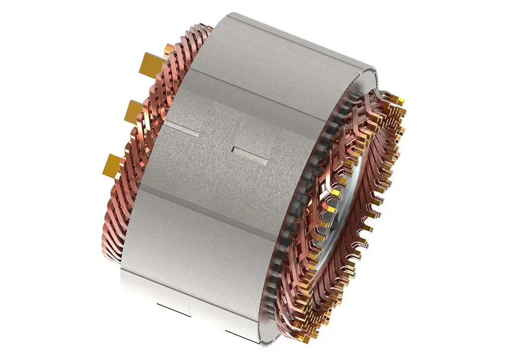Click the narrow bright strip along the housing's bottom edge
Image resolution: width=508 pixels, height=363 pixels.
click(x=198, y=293)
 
